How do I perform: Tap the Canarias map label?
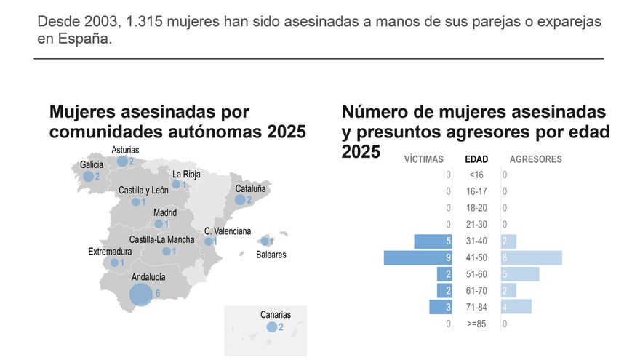(x=275, y=315)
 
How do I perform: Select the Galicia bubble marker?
(x=89, y=176)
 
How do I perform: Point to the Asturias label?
(x=125, y=151)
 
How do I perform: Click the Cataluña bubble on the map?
(x=241, y=199)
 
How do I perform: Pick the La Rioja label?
(x=186, y=174)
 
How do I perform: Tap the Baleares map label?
(x=271, y=255)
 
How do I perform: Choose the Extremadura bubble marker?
(x=114, y=263)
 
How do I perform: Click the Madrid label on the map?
(x=165, y=213)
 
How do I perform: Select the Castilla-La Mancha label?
(x=161, y=239)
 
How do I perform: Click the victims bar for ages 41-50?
(x=419, y=257)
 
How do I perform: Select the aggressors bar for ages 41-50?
(x=532, y=257)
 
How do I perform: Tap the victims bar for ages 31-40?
(x=434, y=241)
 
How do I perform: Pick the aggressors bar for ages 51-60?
(x=520, y=274)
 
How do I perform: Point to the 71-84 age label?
(x=477, y=307)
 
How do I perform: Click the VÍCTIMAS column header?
(x=423, y=159)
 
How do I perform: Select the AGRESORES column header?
(x=535, y=159)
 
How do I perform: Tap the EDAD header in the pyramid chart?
(x=476, y=159)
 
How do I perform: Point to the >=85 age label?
(x=477, y=324)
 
